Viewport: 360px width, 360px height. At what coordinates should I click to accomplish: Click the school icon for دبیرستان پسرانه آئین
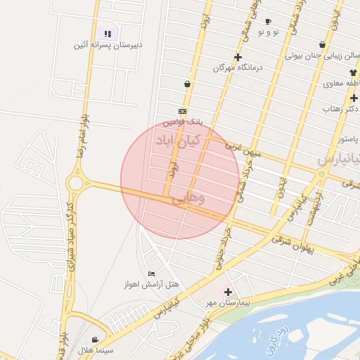[x=108, y=33]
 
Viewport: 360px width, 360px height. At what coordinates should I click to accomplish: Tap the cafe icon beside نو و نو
[x=268, y=22]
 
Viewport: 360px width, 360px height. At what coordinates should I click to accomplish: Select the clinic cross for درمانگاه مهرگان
[x=238, y=57]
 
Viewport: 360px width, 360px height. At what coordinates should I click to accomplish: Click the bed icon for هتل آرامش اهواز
[x=151, y=274]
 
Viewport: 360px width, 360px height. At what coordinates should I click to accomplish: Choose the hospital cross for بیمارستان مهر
[x=227, y=291]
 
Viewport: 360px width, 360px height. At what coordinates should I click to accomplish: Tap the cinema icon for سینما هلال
[x=95, y=340]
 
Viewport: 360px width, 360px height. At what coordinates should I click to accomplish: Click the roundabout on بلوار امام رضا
[x=75, y=183]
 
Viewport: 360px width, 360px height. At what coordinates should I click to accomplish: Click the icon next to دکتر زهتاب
[x=354, y=98]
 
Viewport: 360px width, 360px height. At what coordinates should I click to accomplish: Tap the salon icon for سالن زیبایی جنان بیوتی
[x=322, y=44]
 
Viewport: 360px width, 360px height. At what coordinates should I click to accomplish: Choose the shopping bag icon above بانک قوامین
[x=187, y=84]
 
